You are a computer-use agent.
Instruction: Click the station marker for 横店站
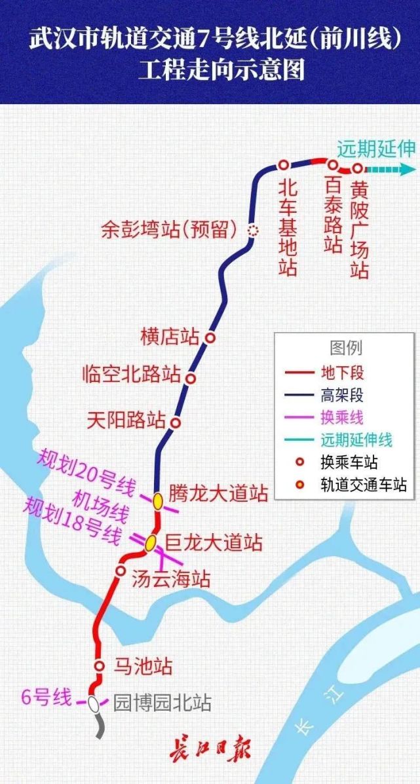[x=210, y=337]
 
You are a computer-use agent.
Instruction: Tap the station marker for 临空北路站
[x=191, y=378]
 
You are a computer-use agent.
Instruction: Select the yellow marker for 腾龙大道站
[x=158, y=501]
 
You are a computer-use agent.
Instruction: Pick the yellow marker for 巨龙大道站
[x=151, y=542]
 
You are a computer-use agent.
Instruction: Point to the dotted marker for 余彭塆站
[x=252, y=230]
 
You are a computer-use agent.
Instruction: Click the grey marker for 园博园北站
[x=94, y=703]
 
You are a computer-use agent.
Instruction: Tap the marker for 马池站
[x=100, y=666]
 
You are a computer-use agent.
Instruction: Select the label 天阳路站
[x=126, y=419]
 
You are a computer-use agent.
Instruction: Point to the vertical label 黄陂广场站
[x=360, y=229]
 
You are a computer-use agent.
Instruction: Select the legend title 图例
[x=345, y=348]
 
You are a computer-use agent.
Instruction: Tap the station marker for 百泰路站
[x=333, y=165]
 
